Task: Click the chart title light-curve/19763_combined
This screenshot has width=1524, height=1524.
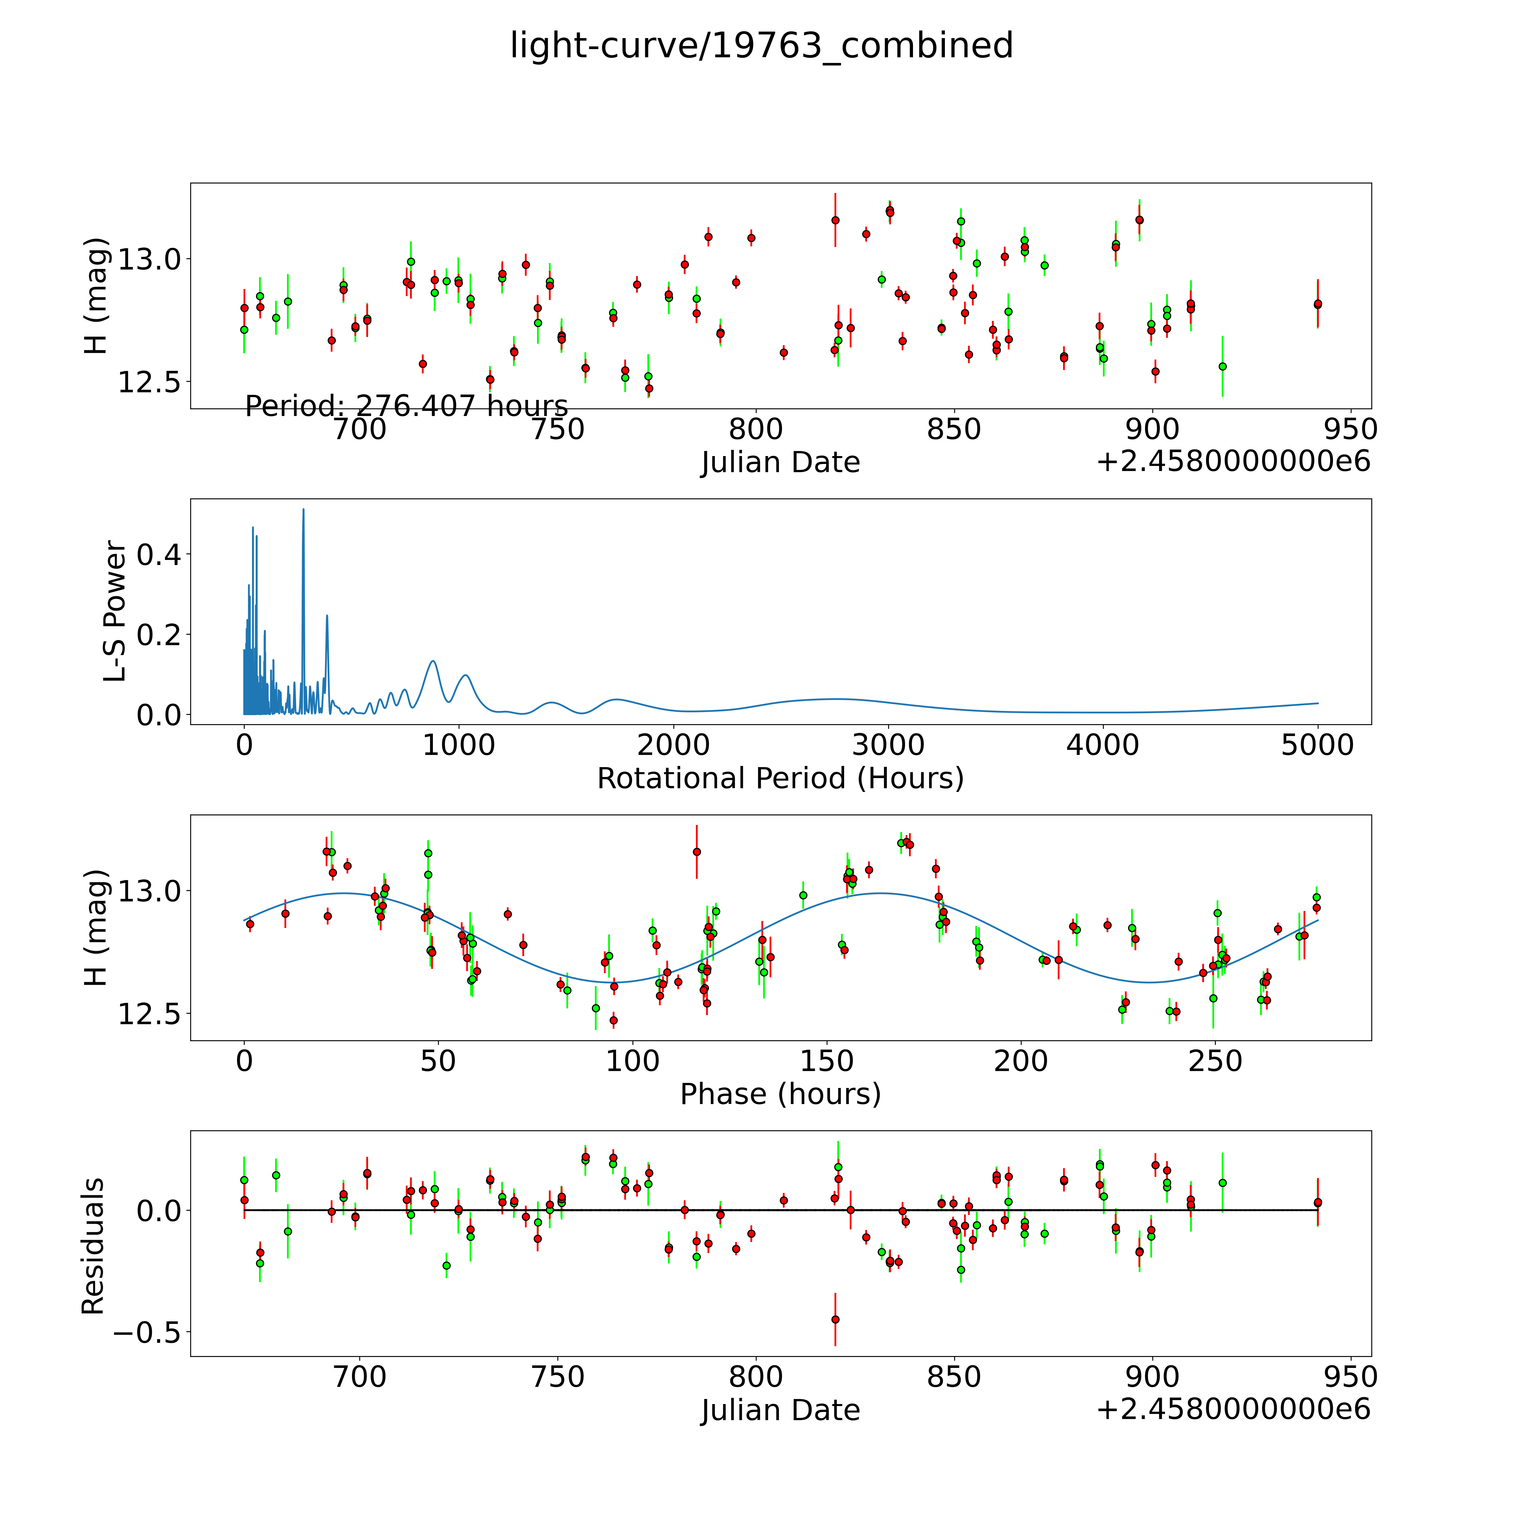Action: tap(761, 46)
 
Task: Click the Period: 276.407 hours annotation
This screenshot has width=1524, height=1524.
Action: tap(406, 406)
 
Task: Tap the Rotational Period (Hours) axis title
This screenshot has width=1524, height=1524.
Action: tap(780, 779)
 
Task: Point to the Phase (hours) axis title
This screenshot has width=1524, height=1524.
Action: tap(780, 1094)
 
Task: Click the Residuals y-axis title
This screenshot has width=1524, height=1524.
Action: tap(93, 1246)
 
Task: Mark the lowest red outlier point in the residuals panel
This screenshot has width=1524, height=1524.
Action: tap(835, 1320)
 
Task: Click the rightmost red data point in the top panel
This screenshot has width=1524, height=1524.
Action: tap(1317, 304)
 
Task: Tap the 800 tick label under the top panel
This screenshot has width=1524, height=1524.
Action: tap(756, 430)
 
